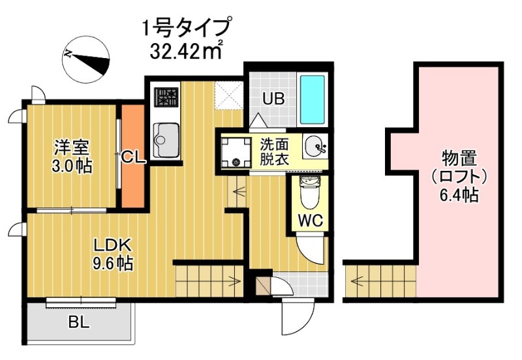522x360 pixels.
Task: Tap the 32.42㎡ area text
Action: pos(187,50)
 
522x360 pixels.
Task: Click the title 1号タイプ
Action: pos(187,28)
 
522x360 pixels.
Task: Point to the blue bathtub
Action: pos(311,101)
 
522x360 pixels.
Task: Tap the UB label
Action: pos(273,100)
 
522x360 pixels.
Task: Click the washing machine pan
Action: pos(236,151)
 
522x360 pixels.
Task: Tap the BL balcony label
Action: pos(79,322)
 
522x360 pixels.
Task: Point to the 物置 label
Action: pos(458,157)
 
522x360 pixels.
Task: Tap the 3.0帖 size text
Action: pos(72,165)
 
